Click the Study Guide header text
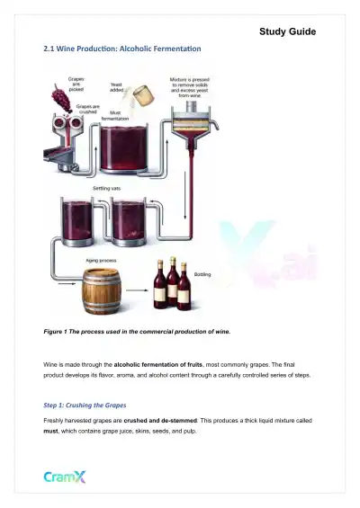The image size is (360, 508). pos(287,31)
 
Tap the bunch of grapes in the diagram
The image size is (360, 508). pos(60,94)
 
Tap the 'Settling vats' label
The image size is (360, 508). pos(110,189)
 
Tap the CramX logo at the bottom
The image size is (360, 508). pos(67,478)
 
